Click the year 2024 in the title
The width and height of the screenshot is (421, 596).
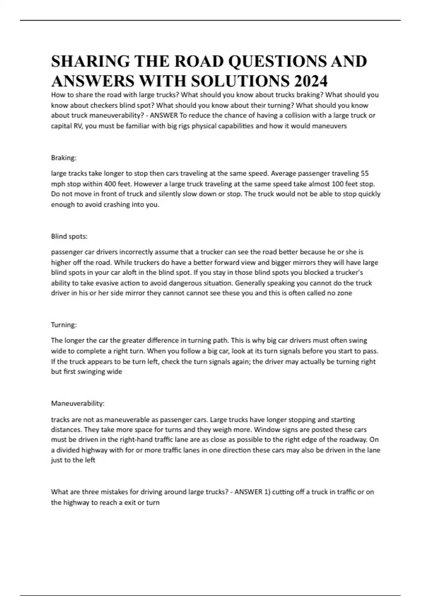click(x=311, y=81)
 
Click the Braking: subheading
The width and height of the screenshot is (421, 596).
click(x=64, y=158)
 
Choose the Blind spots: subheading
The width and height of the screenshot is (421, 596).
click(x=69, y=236)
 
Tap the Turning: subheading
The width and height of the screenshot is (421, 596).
click(x=64, y=325)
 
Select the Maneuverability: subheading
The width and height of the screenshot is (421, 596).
click(x=78, y=403)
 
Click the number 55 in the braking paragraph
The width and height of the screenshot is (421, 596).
click(x=365, y=173)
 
